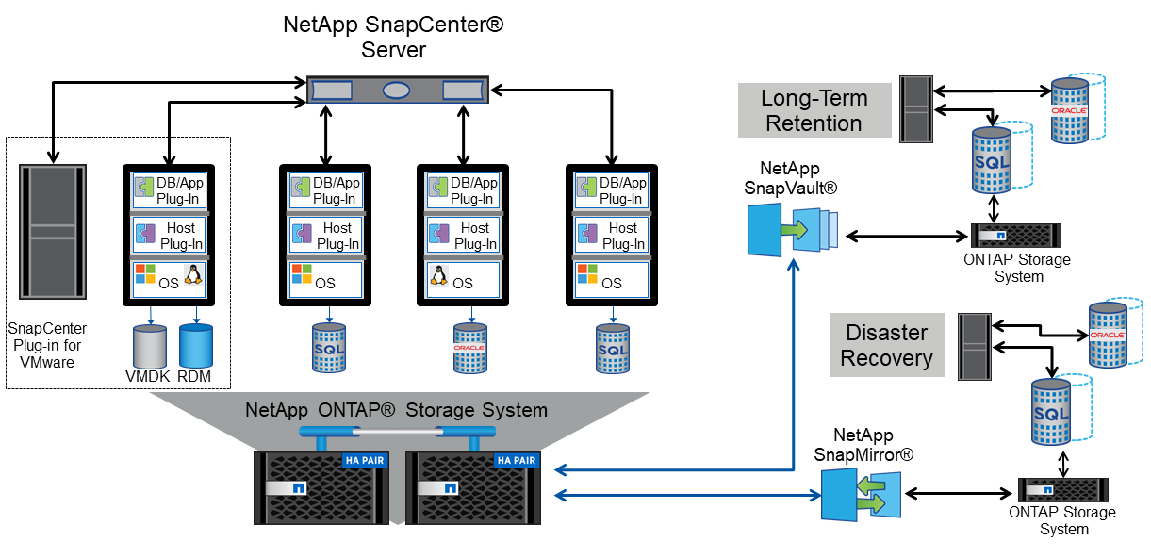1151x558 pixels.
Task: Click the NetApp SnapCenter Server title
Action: pos(393,37)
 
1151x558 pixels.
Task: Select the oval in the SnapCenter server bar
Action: pos(397,90)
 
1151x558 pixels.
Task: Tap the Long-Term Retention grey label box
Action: pos(814,110)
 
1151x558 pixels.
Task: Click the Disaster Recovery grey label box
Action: pos(886,345)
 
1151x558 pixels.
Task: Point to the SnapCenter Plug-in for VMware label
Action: pos(47,345)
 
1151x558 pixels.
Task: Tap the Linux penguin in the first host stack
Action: pos(193,274)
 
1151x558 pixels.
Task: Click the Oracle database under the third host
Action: pos(469,346)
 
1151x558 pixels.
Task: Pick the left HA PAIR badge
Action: pos(364,461)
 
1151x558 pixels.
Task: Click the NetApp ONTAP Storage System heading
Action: pos(396,410)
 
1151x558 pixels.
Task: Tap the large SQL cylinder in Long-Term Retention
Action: pos(991,159)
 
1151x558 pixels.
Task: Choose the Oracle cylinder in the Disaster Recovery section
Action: pos(1108,334)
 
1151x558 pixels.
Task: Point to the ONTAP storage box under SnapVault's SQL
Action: pos(1015,236)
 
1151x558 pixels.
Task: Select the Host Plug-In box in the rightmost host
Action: pos(611,236)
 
